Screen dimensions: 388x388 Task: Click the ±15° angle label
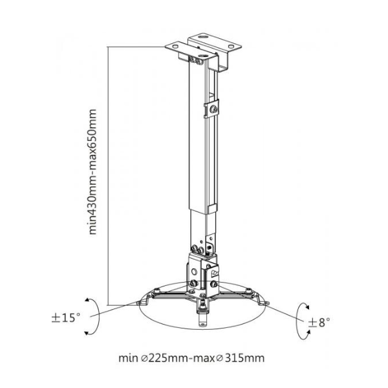pyautogui.click(x=67, y=318)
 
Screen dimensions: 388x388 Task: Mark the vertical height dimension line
pyautogui.click(x=107, y=175)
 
